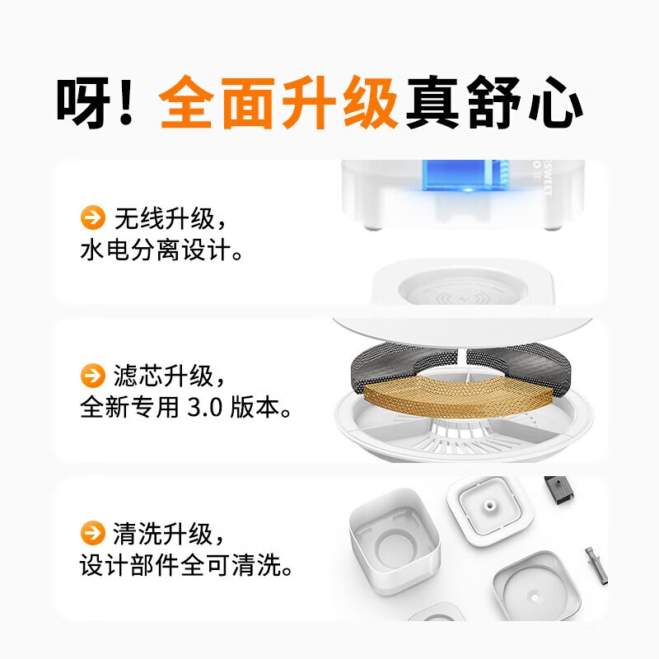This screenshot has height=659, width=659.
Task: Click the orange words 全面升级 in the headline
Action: [278, 102]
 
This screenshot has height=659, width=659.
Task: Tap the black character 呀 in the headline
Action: [83, 102]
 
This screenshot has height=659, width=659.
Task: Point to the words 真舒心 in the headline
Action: [494, 102]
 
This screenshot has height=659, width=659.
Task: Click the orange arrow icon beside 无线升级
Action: [93, 217]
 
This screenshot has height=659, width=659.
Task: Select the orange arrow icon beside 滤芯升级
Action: [93, 376]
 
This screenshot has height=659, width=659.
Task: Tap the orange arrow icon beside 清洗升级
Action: [93, 533]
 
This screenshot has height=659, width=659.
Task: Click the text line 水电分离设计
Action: [161, 250]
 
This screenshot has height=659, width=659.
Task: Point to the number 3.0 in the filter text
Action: [204, 408]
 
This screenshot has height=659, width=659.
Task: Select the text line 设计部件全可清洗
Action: [186, 566]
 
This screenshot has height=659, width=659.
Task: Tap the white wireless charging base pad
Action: [462, 283]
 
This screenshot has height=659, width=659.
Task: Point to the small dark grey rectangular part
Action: [559, 490]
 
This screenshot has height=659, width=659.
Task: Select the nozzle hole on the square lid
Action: [489, 504]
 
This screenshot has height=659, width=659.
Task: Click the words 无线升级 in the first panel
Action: [165, 218]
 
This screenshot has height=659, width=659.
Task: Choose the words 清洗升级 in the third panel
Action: [163, 534]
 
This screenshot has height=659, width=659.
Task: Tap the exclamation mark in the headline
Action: [126, 102]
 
